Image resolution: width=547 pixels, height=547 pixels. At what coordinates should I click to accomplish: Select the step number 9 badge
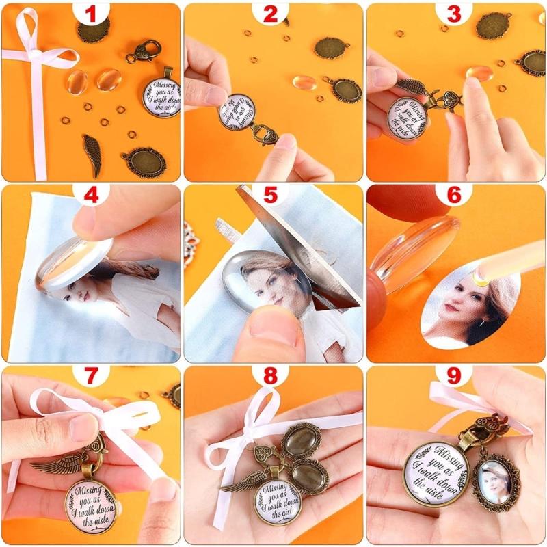454,378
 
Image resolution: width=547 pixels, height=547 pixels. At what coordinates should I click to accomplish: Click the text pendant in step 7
90,507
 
